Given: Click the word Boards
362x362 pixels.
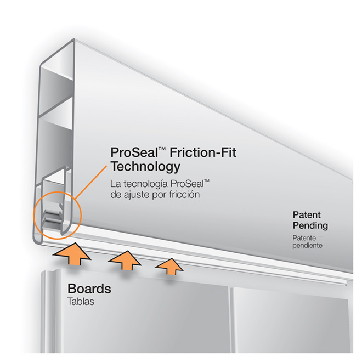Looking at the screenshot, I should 89,289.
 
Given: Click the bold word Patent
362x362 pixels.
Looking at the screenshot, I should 306,214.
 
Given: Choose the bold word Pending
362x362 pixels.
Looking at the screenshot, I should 310,225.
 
